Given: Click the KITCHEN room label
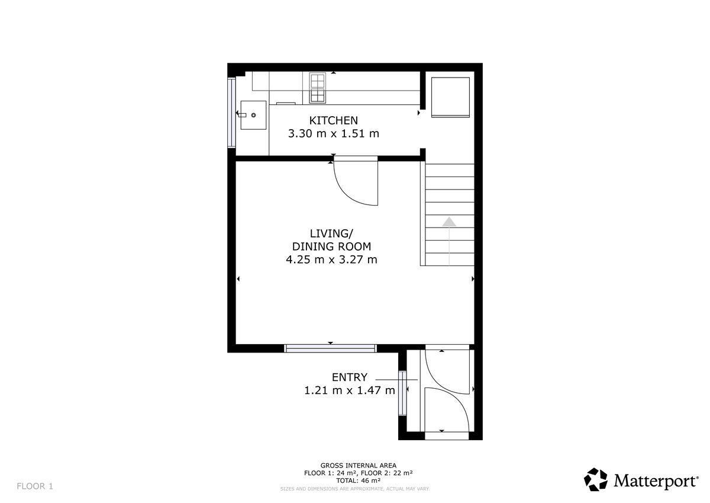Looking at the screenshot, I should click(x=333, y=120).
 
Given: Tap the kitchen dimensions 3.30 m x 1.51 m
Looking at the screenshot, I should click(x=333, y=134).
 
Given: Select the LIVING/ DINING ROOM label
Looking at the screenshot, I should click(x=331, y=239).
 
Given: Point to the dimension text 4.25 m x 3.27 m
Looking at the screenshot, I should click(x=331, y=259).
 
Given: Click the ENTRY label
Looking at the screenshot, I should click(x=349, y=377).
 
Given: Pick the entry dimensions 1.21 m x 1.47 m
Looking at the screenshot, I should click(x=349, y=390).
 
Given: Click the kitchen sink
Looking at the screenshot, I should click(x=253, y=115).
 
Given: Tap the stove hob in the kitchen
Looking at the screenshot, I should click(x=317, y=88).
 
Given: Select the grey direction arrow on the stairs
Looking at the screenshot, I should click(x=450, y=222).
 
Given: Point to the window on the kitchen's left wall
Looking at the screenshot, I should click(x=231, y=113).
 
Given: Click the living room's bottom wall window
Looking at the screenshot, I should click(x=330, y=348).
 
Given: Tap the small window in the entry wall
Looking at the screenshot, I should click(x=403, y=392).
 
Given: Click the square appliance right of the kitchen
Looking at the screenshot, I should click(x=450, y=97).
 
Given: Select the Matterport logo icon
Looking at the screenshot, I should click(x=596, y=479).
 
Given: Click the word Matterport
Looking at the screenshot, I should click(x=655, y=480).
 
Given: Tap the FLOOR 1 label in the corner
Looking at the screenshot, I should click(x=35, y=486).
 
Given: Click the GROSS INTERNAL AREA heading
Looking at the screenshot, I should click(x=359, y=466).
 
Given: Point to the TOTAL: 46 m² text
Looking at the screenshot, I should click(x=359, y=481).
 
